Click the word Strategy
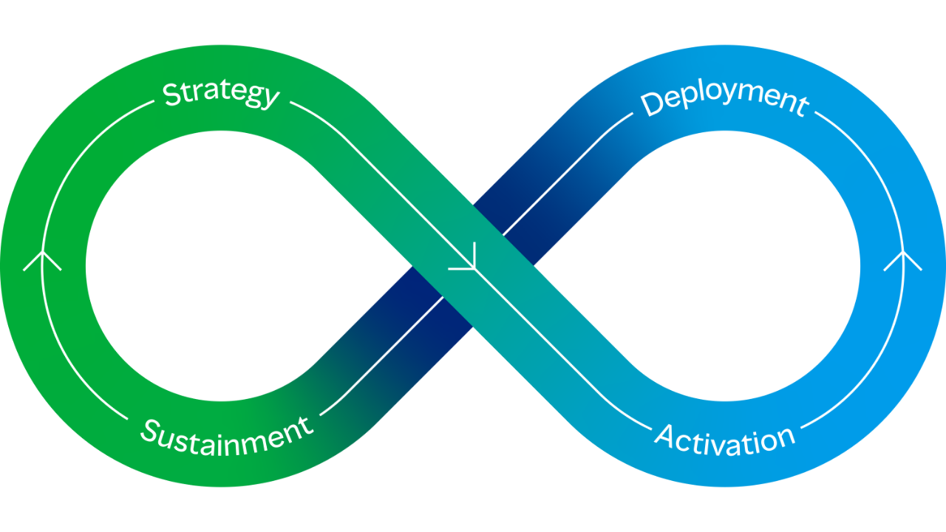pos(221,95)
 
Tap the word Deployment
pos(724,101)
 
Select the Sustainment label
pos(226,437)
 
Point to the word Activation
pos(724,438)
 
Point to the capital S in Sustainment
pos(149,429)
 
